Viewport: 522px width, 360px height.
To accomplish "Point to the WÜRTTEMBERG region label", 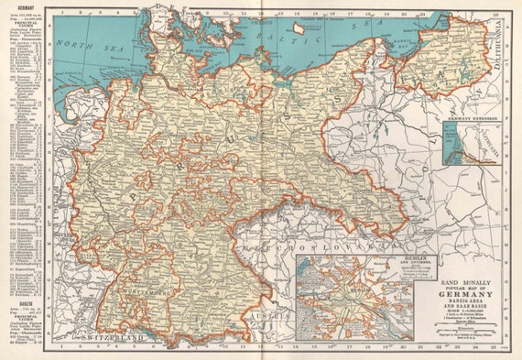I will click(x=163, y=293).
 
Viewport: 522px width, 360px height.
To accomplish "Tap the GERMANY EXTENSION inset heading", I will click(x=471, y=119).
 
